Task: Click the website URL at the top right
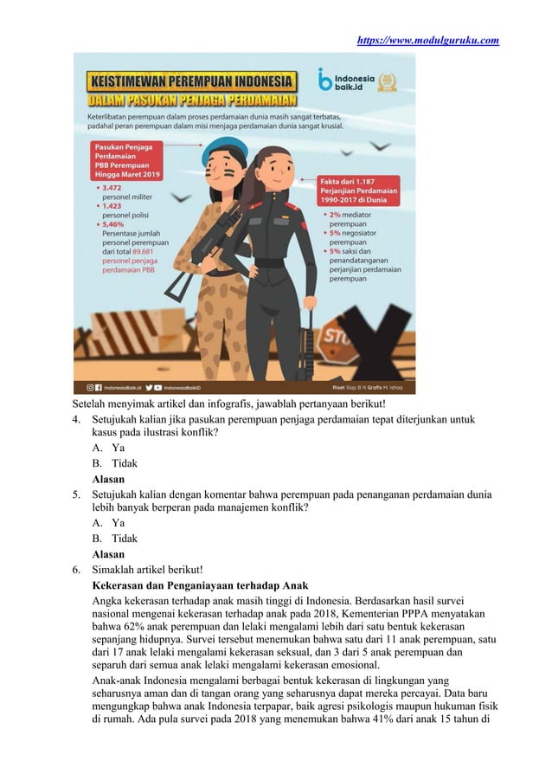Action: [427, 40]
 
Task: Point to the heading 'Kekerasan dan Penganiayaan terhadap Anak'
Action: [201, 584]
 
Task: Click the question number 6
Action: [78, 569]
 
